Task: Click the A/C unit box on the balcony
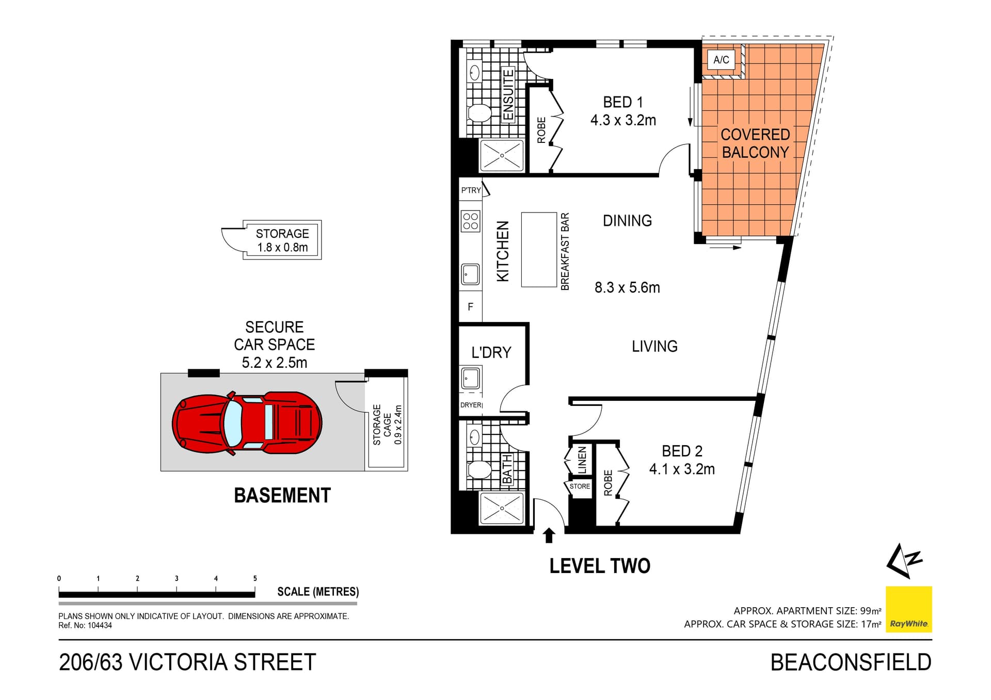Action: (721, 60)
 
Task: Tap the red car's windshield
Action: (233, 424)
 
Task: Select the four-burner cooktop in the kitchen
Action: (470, 221)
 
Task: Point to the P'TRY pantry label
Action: (471, 190)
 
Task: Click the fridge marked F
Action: (470, 307)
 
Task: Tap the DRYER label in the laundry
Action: (471, 405)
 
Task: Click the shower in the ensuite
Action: (502, 155)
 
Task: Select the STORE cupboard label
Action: (580, 486)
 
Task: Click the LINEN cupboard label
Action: (582, 460)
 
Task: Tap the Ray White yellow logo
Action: (908, 609)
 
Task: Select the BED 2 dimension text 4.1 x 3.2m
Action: (681, 469)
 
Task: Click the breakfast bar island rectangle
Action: (539, 250)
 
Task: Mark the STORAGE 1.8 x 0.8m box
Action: (282, 240)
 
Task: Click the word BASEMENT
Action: (282, 496)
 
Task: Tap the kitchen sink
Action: (470, 274)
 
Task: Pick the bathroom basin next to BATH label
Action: (474, 438)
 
